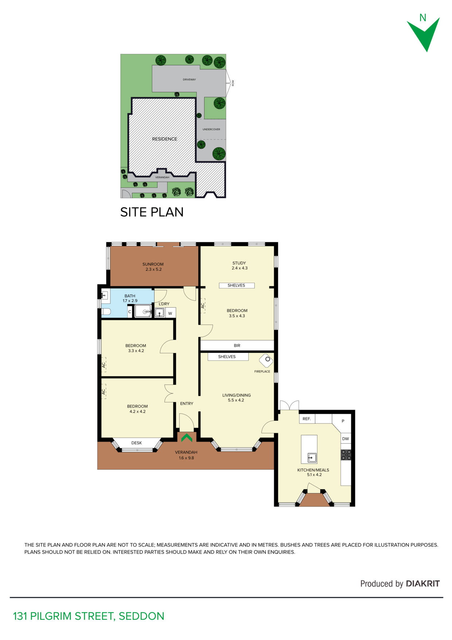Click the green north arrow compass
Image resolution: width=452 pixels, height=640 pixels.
pos(424,34)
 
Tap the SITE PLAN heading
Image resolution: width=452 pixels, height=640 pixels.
pos(152,212)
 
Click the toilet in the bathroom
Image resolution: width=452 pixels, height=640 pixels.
pos(106,312)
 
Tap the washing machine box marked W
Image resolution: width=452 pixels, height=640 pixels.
pos(170,313)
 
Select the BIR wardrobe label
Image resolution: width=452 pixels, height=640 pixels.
pos(237,345)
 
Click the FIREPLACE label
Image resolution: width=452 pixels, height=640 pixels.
pos(262,371)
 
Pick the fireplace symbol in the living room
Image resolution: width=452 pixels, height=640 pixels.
pos(266,360)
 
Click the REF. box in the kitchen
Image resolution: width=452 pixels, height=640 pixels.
pos(307,419)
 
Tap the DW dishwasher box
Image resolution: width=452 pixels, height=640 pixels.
pos(346,438)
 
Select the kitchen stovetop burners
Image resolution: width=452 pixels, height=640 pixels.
pos(346,454)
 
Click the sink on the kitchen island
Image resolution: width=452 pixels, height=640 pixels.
pos(312,457)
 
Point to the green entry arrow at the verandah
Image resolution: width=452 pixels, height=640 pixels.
pos(187,437)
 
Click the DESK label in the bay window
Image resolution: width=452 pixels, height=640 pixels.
pos(137,443)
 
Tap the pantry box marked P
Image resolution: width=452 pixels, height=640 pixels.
pos(343,421)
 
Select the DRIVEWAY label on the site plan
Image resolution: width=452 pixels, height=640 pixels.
pos(189,80)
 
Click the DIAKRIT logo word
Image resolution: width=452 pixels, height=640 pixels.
pos(423,583)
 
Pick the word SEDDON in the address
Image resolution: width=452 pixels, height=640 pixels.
pos(141,616)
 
